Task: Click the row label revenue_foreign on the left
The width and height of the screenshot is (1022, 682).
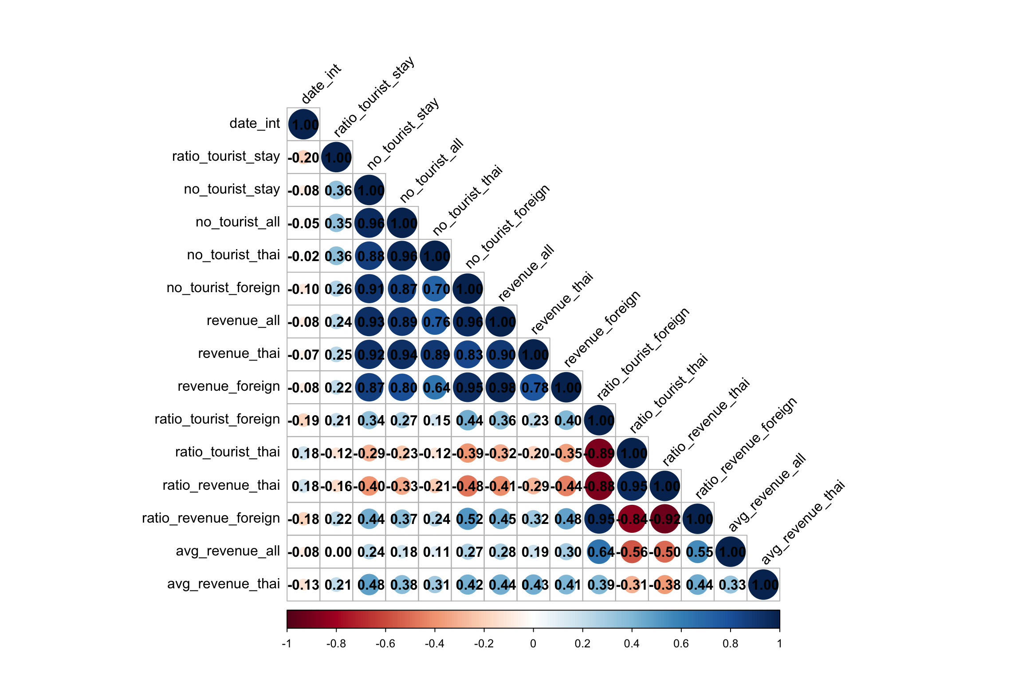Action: pyautogui.click(x=228, y=386)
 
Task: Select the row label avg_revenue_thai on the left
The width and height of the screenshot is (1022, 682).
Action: pyautogui.click(x=223, y=584)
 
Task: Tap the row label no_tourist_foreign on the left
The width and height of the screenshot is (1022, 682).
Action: pyautogui.click(x=223, y=288)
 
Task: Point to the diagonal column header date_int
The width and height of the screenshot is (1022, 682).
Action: pyautogui.click(x=321, y=83)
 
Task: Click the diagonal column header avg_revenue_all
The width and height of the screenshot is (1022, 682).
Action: pyautogui.click(x=767, y=493)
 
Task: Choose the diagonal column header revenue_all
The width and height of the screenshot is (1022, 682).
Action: pyautogui.click(x=526, y=273)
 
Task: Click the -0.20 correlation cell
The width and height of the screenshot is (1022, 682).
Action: pyautogui.click(x=303, y=158)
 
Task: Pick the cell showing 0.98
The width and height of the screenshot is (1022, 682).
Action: pyautogui.click(x=501, y=388)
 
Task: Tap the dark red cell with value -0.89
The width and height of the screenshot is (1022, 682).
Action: pyautogui.click(x=599, y=453)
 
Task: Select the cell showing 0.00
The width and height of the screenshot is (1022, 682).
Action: pyautogui.click(x=336, y=552)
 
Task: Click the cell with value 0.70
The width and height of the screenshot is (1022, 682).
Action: pyautogui.click(x=435, y=289)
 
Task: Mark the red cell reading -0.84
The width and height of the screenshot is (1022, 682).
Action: pyautogui.click(x=632, y=519)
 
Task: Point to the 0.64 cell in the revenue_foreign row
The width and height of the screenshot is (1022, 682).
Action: pyautogui.click(x=435, y=388)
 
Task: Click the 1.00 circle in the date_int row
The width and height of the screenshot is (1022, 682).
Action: pyautogui.click(x=303, y=124)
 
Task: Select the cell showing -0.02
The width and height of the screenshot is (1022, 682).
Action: pyautogui.click(x=303, y=256)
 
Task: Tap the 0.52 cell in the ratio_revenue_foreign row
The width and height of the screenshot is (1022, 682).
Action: pyautogui.click(x=468, y=519)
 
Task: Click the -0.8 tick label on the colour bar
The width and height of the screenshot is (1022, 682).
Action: pyautogui.click(x=336, y=643)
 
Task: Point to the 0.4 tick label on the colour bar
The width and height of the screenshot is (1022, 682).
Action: pyautogui.click(x=632, y=643)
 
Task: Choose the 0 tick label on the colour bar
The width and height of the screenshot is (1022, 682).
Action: pyautogui.click(x=533, y=643)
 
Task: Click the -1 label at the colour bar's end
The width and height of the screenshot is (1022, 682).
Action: pyautogui.click(x=287, y=643)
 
